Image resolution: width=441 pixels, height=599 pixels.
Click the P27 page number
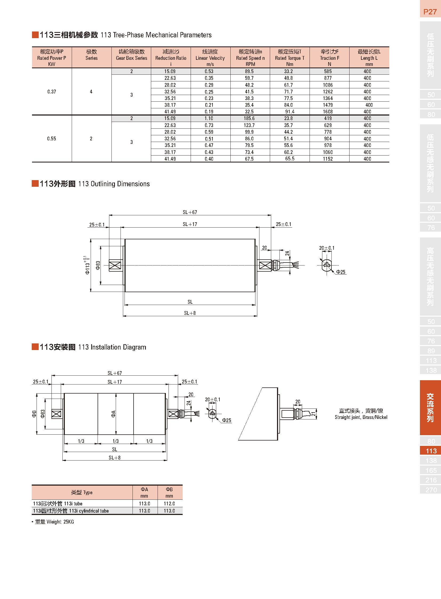pos(430,12)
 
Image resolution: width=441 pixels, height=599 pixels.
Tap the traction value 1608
pos(328,112)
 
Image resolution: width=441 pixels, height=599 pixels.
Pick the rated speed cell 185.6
pos(249,118)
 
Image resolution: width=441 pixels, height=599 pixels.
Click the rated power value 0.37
pos(51,92)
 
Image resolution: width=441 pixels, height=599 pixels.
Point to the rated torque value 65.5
pos(290,159)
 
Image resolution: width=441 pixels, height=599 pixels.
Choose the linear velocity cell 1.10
pos(209,118)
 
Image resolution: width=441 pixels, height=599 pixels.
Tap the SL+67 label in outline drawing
pos(190,212)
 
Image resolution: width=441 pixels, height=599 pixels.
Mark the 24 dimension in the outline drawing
pos(287,253)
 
